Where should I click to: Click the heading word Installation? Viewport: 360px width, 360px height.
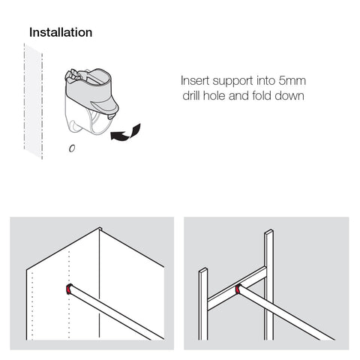(x=61, y=32)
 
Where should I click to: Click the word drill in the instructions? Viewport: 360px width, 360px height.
(x=191, y=95)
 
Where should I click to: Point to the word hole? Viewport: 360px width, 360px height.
(x=214, y=95)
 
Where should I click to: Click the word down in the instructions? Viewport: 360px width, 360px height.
(x=289, y=95)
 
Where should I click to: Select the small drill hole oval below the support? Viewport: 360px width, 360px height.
(x=72, y=148)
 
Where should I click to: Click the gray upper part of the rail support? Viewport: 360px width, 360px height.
(x=92, y=90)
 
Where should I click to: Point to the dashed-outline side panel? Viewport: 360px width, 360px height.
(x=33, y=101)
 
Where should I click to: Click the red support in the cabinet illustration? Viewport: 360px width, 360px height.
(x=68, y=289)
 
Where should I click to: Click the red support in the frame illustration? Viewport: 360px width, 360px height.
(x=238, y=289)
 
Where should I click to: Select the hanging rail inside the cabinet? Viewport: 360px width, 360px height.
(x=116, y=313)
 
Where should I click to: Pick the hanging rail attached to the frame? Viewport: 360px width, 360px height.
(x=285, y=313)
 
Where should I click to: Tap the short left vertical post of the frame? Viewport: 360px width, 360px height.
(x=203, y=304)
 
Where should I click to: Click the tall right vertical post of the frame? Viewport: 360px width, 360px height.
(x=268, y=285)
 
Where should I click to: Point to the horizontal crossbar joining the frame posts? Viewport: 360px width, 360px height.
(x=236, y=289)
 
